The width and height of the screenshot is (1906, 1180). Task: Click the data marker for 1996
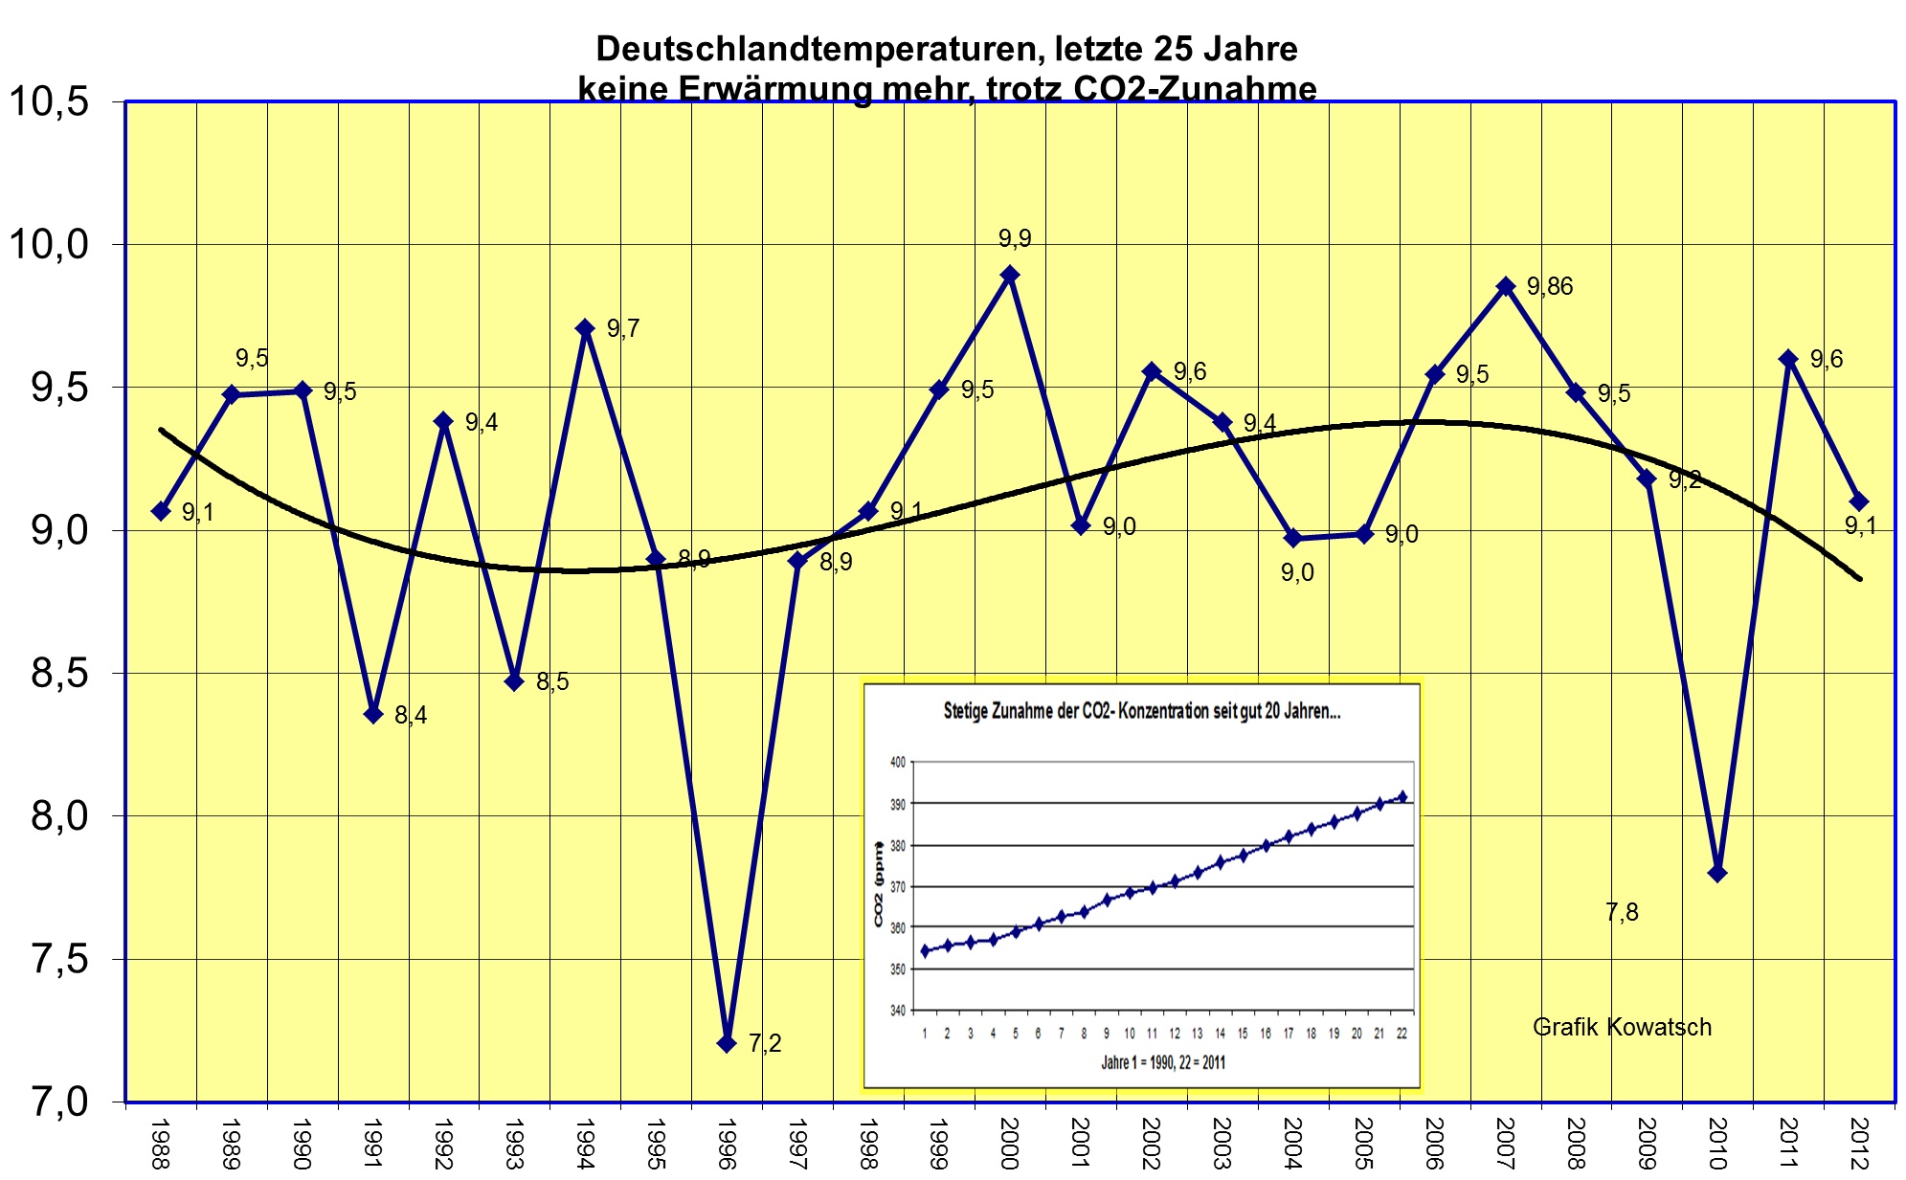click(727, 1043)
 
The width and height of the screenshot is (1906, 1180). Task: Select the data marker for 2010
click(1717, 873)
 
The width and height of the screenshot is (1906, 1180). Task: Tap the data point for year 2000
click(1009, 275)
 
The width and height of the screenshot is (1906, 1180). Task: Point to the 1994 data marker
click(585, 328)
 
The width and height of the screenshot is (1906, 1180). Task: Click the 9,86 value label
click(1550, 286)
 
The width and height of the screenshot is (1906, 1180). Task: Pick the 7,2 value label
click(765, 1043)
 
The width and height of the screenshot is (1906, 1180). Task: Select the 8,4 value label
click(411, 715)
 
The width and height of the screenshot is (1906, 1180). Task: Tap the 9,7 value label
click(623, 328)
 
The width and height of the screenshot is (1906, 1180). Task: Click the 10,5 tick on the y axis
click(48, 101)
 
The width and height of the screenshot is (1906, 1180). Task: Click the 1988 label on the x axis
click(161, 1144)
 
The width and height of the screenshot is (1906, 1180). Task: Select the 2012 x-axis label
click(1859, 1144)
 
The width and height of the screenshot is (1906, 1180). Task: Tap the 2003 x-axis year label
click(1222, 1144)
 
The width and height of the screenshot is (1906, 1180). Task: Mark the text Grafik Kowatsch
click(1622, 1027)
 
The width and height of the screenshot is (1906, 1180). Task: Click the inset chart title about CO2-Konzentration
click(1142, 712)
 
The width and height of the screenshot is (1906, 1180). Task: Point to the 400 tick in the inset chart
click(897, 763)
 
